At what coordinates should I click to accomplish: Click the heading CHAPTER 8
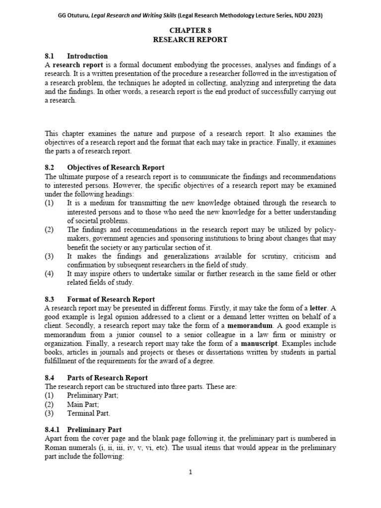pyautogui.click(x=190, y=30)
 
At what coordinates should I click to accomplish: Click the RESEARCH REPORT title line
pyautogui.click(x=190, y=39)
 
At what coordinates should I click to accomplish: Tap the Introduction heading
pyautogui.click(x=87, y=56)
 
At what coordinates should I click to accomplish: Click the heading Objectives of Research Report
pyautogui.click(x=116, y=168)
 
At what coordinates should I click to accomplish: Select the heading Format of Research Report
pyautogui.click(x=111, y=299)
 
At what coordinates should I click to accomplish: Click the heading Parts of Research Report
pyautogui.click(x=107, y=378)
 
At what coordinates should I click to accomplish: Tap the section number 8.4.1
pyautogui.click(x=54, y=430)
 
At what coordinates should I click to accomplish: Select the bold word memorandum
pyautogui.click(x=250, y=325)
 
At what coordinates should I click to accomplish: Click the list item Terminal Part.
pyautogui.click(x=88, y=413)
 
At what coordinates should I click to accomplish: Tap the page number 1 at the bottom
pyautogui.click(x=190, y=472)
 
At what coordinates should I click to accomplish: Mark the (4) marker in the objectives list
pyautogui.click(x=49, y=273)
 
